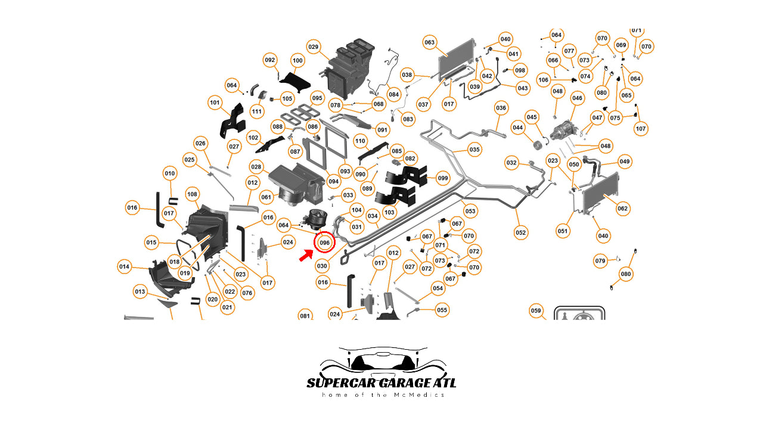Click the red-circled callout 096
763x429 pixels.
tap(324, 243)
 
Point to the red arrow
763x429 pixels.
tap(306, 256)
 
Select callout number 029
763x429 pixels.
tap(314, 46)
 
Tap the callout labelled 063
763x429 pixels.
tap(430, 42)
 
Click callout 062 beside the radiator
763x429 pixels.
tap(623, 209)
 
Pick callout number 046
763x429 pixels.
tap(577, 98)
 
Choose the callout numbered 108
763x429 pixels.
tap(192, 194)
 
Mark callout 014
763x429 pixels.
tap(124, 266)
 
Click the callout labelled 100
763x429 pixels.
tap(297, 61)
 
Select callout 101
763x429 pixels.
tap(215, 102)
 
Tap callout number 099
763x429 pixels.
tap(442, 178)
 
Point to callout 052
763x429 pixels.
tap(521, 232)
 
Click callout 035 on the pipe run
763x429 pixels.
tap(474, 150)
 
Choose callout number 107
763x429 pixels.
tap(641, 129)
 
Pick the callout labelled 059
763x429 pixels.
tap(536, 310)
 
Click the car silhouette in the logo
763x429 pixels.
tap(381, 360)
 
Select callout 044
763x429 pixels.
tap(517, 128)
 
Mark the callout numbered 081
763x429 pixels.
tap(305, 315)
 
